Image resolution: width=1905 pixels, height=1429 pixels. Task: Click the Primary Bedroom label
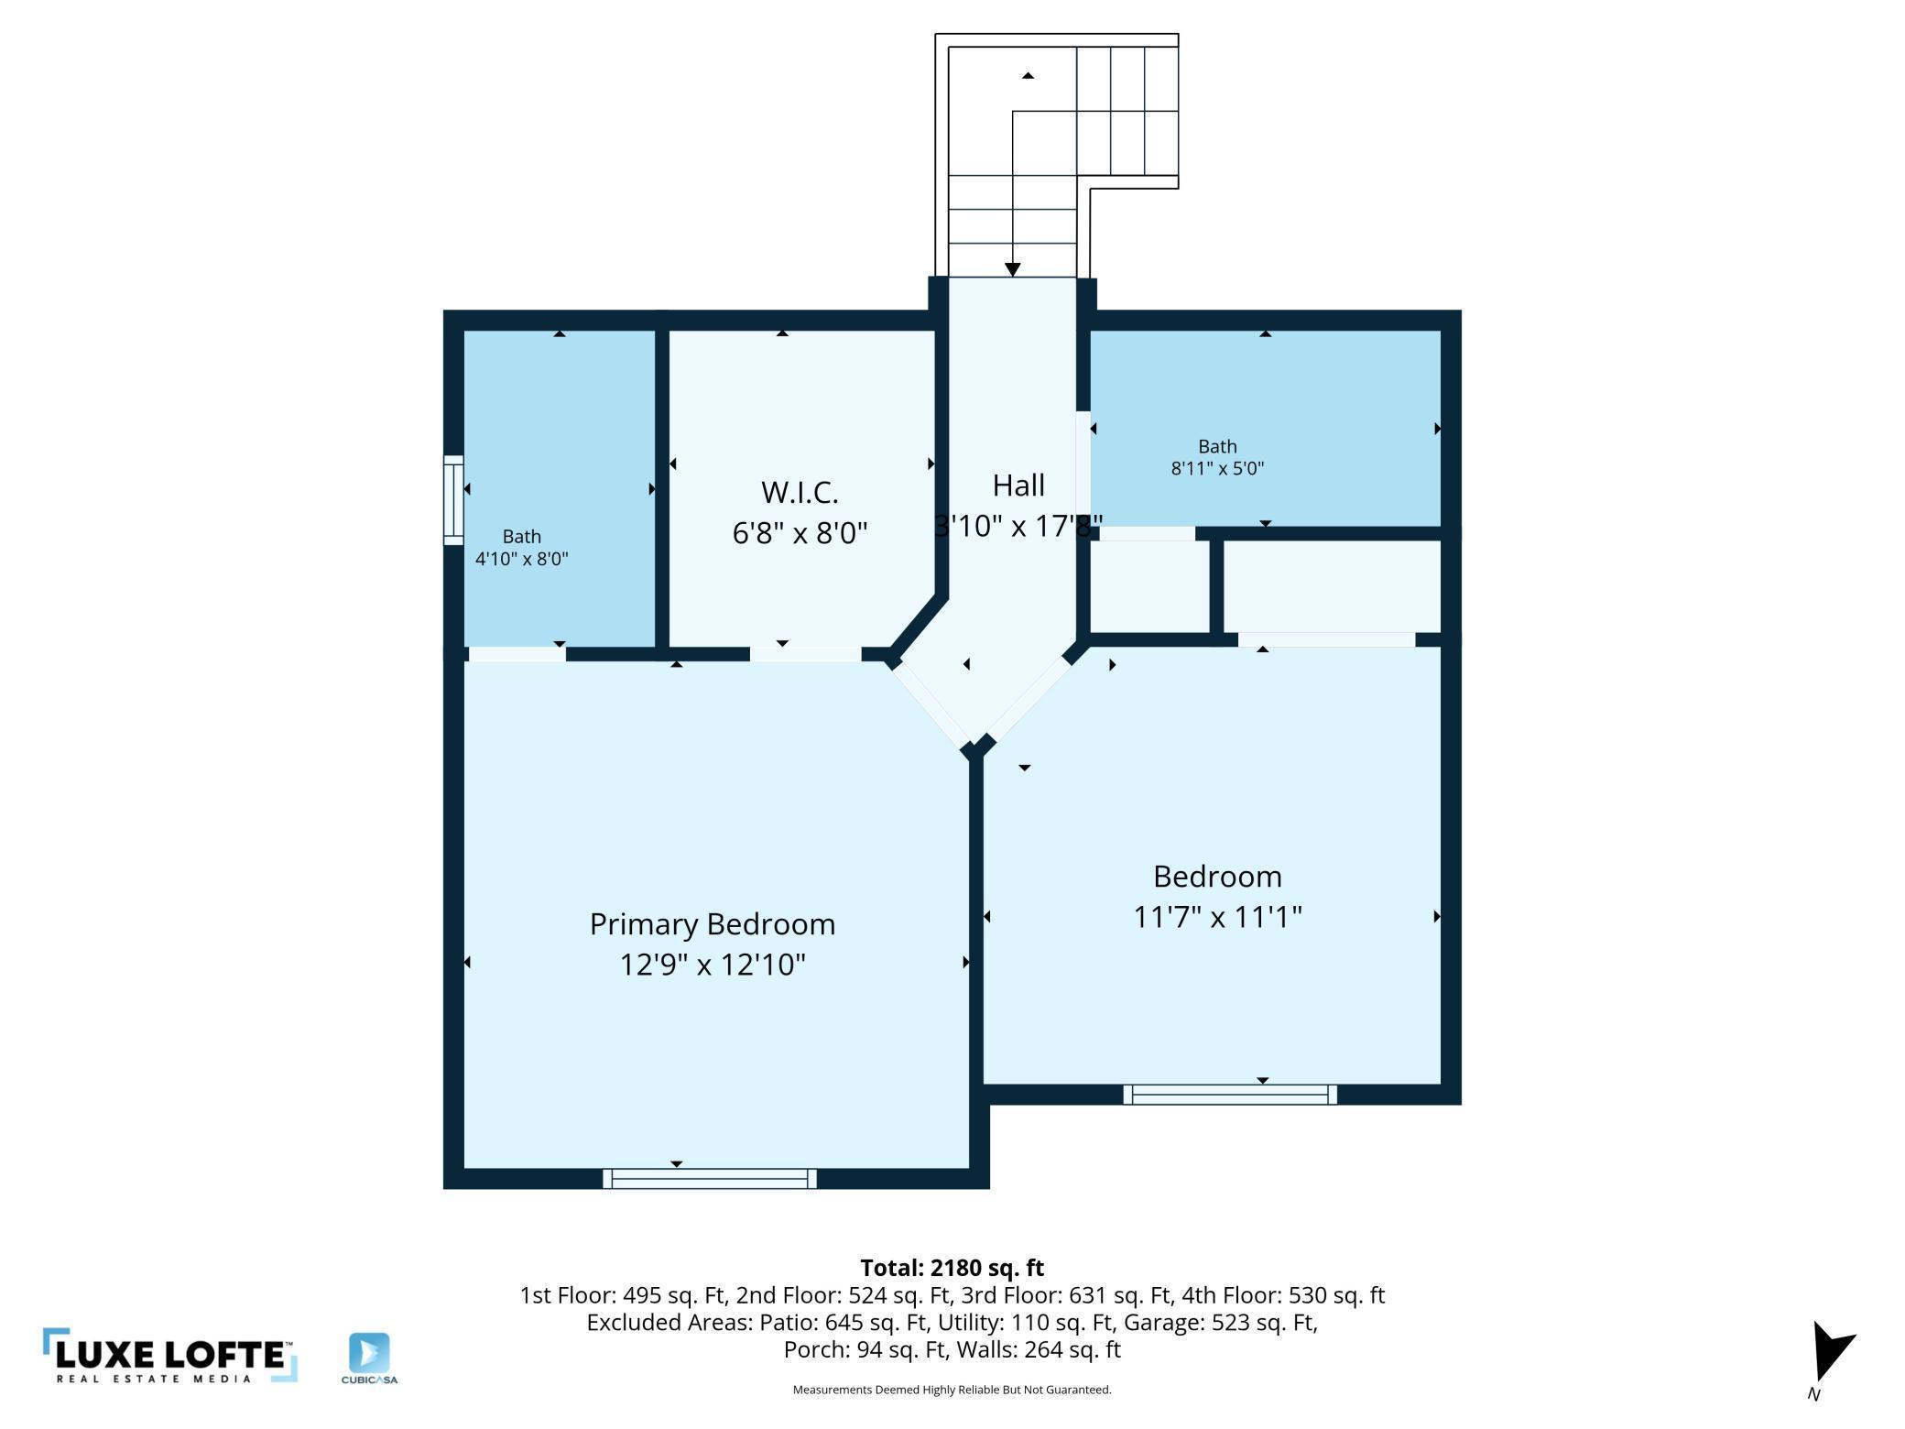(x=712, y=924)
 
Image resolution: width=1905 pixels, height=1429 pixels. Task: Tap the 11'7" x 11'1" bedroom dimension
(x=1217, y=917)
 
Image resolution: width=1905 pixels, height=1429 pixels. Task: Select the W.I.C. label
(x=800, y=493)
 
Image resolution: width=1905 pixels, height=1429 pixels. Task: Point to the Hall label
(x=1018, y=485)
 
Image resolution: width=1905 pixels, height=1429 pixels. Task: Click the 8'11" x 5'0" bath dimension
(x=1217, y=469)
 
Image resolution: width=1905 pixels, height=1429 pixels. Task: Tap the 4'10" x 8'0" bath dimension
(x=521, y=559)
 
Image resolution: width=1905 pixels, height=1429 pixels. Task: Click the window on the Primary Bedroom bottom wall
(x=710, y=1179)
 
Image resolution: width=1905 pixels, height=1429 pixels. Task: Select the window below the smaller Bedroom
(x=1230, y=1095)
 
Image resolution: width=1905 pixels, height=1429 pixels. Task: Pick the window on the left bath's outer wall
(x=453, y=500)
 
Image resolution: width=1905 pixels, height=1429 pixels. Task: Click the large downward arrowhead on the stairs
(x=1012, y=269)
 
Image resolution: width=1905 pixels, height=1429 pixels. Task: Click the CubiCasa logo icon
(x=369, y=1353)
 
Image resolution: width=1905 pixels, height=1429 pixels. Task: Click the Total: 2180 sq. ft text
(x=952, y=1268)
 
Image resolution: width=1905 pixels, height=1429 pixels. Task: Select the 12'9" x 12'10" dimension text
(x=712, y=965)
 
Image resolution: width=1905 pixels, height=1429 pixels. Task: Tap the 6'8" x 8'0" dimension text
(x=800, y=533)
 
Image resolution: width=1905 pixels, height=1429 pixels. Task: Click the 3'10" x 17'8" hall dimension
(x=1018, y=526)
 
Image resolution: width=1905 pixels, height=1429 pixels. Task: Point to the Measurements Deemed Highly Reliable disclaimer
(x=952, y=1390)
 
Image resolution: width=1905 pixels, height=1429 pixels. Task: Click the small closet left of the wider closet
(x=1149, y=586)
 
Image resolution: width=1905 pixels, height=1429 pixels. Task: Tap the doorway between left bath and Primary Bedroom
(x=517, y=654)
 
